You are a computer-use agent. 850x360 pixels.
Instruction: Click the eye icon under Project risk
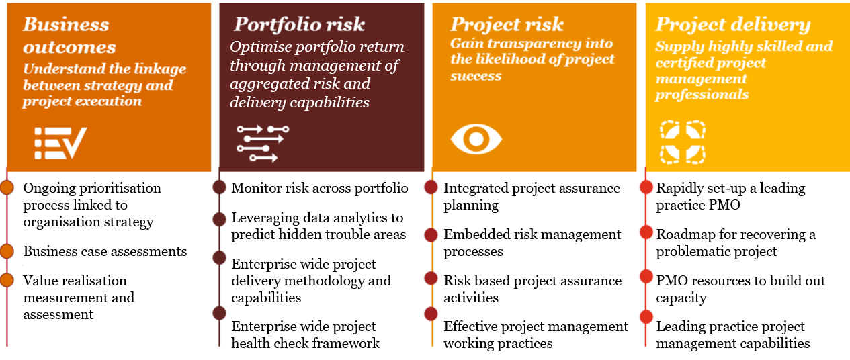(x=476, y=139)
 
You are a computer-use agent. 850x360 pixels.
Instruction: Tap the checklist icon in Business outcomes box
(x=60, y=143)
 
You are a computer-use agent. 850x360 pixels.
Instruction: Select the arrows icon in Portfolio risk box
(x=263, y=143)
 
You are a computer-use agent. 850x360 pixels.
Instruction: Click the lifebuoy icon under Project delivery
(x=683, y=142)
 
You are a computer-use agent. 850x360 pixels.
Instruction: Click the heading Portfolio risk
(x=299, y=24)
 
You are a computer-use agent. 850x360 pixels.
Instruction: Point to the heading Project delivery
(x=732, y=25)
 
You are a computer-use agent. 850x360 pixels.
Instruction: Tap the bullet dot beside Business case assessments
(x=7, y=251)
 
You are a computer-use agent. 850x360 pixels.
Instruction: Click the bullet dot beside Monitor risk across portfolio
(x=219, y=187)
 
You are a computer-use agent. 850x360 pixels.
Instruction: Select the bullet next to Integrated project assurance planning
(x=431, y=187)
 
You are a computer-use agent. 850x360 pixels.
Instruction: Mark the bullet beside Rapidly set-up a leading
(x=646, y=187)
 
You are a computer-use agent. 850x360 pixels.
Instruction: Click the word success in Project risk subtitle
(x=476, y=76)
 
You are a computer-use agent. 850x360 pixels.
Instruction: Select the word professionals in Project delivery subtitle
(x=702, y=95)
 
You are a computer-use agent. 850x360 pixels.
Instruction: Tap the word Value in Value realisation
(x=41, y=281)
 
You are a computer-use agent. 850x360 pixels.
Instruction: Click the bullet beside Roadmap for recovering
(x=646, y=232)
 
